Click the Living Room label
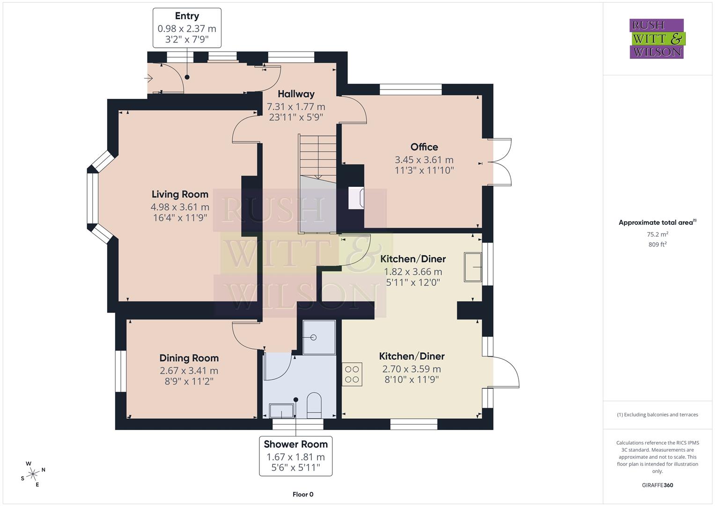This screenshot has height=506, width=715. [x=180, y=194]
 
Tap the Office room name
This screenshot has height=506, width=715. [x=424, y=147]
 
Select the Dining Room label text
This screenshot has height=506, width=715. [x=189, y=358]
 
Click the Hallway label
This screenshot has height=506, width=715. [x=295, y=94]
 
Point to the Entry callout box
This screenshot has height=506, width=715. [x=187, y=28]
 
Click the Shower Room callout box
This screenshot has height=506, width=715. [x=295, y=456]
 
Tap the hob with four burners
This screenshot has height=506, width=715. [x=352, y=374]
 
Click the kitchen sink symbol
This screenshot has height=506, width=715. [x=472, y=267]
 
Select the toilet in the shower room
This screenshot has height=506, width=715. [x=314, y=406]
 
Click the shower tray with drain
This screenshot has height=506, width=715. [x=319, y=337]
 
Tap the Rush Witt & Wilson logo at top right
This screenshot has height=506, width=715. [x=656, y=39]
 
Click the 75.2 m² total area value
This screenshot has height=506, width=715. [x=657, y=234]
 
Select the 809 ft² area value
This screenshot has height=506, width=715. [x=657, y=245]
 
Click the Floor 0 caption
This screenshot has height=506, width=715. [x=302, y=494]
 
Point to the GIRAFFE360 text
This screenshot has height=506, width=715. [x=657, y=485]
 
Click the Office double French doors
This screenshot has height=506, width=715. [x=501, y=163]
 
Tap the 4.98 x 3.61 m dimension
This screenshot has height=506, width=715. [x=180, y=207]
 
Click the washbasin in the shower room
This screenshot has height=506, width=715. [x=282, y=411]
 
